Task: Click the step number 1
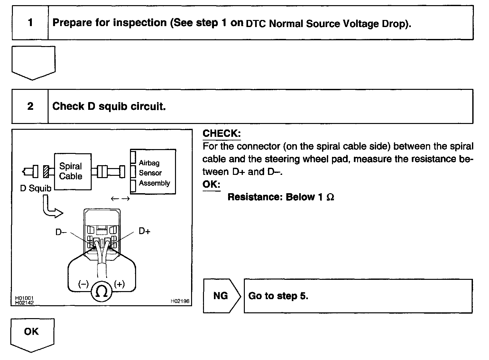(x=30, y=23)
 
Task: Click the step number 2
(x=30, y=106)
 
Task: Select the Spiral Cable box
(x=72, y=171)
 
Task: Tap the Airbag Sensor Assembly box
(x=153, y=172)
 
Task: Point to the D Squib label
(x=35, y=188)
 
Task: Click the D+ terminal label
(x=144, y=231)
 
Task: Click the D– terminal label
(x=61, y=232)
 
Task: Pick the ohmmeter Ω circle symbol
(x=102, y=291)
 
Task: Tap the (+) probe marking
(x=119, y=284)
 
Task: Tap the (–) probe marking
(x=84, y=284)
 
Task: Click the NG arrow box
(x=221, y=296)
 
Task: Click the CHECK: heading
(x=222, y=133)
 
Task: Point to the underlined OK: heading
(x=211, y=185)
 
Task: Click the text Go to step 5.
(x=278, y=296)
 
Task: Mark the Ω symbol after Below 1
(x=330, y=197)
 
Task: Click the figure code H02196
(x=180, y=301)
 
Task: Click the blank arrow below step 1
(x=33, y=62)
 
